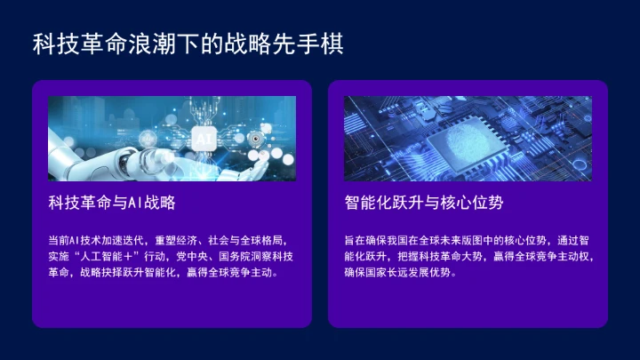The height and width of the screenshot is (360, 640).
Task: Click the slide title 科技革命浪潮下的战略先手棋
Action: (x=188, y=43)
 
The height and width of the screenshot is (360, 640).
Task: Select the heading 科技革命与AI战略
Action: (x=111, y=203)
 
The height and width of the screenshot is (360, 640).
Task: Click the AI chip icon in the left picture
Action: (x=203, y=139)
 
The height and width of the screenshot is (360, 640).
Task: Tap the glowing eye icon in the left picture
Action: (x=255, y=139)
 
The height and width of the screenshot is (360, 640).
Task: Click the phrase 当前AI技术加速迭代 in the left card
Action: (x=97, y=241)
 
